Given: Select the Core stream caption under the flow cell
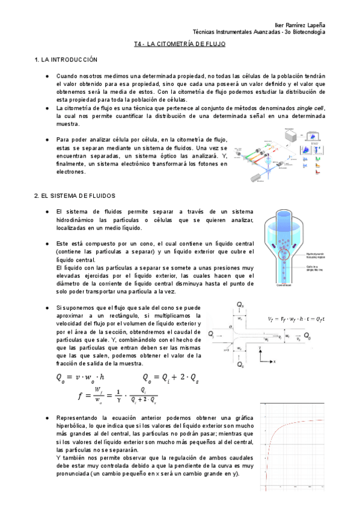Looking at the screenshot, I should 283,286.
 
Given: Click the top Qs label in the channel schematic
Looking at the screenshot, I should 240,306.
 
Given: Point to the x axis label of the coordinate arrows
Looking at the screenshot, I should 275,361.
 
